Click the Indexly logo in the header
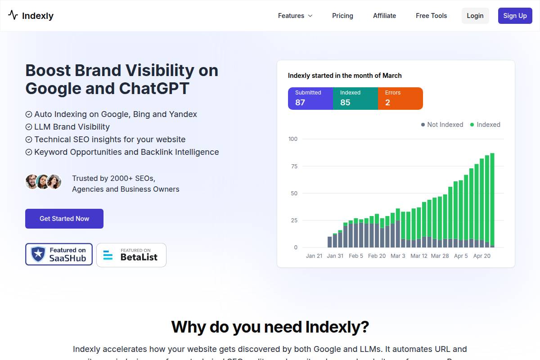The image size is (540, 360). [x=31, y=16]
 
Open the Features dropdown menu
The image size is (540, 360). [x=295, y=16]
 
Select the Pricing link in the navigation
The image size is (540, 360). [x=342, y=16]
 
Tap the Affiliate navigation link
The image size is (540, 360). [x=384, y=16]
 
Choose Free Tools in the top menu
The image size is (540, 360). [x=431, y=16]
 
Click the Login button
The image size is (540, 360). [x=475, y=16]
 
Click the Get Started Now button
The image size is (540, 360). [x=64, y=219]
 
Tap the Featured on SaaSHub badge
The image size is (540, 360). [x=59, y=254]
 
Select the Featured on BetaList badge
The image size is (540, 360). [x=131, y=255]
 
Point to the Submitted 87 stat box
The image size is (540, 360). [x=310, y=99]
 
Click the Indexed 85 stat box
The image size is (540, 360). [x=355, y=99]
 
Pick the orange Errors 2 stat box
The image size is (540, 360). [x=400, y=99]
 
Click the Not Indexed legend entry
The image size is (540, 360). [x=442, y=125]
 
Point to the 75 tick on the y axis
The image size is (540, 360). [x=294, y=166]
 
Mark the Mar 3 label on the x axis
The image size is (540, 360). [x=398, y=256]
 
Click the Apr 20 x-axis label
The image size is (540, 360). [x=481, y=256]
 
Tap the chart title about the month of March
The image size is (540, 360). [x=345, y=76]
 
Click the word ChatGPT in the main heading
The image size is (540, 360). [x=154, y=88]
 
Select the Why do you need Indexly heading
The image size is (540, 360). [x=270, y=326]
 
